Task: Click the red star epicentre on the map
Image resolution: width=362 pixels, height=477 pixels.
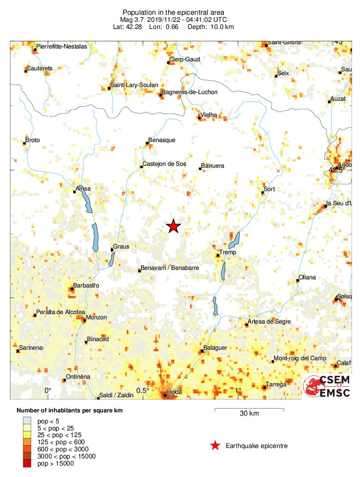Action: click(174, 226)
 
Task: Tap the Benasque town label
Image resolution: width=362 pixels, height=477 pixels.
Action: click(162, 141)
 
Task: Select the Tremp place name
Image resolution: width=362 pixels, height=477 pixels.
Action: click(227, 252)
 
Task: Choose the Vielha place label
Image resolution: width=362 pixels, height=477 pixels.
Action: click(209, 115)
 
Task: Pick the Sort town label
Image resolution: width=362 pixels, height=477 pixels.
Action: click(268, 189)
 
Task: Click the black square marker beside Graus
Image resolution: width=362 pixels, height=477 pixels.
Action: click(112, 249)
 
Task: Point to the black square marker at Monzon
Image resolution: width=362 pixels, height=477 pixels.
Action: click(85, 321)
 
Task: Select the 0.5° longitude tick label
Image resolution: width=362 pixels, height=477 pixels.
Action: click(143, 391)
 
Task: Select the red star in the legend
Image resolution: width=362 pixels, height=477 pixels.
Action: click(215, 446)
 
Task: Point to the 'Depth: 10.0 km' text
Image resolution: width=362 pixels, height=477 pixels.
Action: click(213, 27)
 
